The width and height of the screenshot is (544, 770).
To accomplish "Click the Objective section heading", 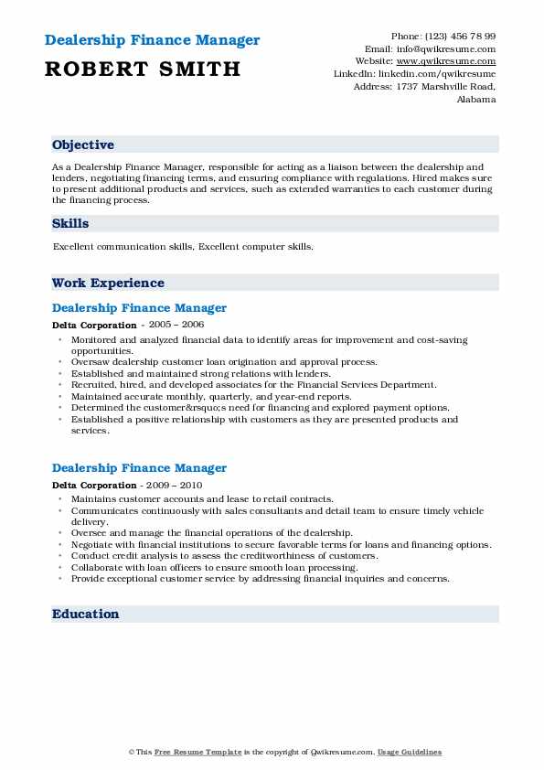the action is (x=83, y=144).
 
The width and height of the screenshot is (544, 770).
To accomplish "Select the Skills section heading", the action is (x=70, y=223).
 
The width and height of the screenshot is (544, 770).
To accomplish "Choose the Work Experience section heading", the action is (x=108, y=283).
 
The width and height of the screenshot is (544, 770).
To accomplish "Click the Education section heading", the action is (x=86, y=614).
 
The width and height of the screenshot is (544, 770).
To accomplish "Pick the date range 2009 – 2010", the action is (x=174, y=485).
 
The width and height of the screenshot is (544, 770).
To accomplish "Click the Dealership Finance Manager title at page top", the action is (x=151, y=40).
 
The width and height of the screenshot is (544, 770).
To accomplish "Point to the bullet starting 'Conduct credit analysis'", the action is (x=224, y=556).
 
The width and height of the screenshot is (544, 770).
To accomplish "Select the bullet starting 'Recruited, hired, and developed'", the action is (x=254, y=385).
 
